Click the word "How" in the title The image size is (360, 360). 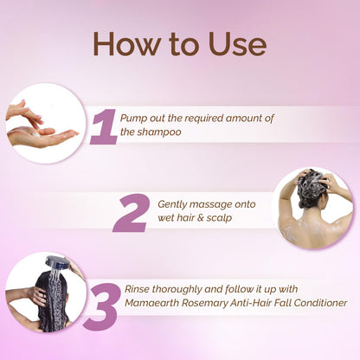coord(127,43)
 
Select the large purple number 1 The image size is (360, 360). coord(104,126)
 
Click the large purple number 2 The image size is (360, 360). coord(132,213)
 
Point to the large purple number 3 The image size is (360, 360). coord(101,305)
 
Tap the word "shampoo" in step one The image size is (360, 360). coord(159,132)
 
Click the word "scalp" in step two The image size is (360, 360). coord(219,218)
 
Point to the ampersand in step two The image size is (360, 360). coord(200,218)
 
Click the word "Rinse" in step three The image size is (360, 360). coord(137,289)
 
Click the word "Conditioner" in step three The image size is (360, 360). coord(320,303)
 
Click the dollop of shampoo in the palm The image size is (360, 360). coord(36,134)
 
